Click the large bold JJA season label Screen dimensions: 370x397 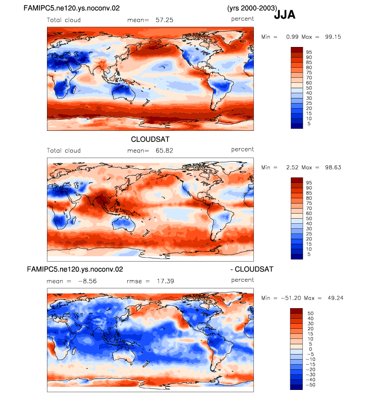pyautogui.click(x=285, y=15)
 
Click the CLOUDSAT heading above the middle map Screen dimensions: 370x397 pyautogui.click(x=150, y=139)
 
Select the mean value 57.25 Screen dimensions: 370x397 pyautogui.click(x=165, y=20)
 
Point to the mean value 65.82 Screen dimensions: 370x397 pyautogui.click(x=165, y=151)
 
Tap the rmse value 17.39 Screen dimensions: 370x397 pyautogui.click(x=165, y=281)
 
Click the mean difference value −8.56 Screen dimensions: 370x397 pyautogui.click(x=87, y=281)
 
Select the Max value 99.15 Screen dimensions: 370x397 pyautogui.click(x=333, y=37)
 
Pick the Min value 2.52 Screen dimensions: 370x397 pyautogui.click(x=293, y=167)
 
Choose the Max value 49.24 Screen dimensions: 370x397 pyautogui.click(x=335, y=298)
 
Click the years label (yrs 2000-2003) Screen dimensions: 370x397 pyautogui.click(x=252, y=9)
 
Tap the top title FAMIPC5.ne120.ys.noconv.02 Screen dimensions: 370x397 pyautogui.click(x=72, y=8)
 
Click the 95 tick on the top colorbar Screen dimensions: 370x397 pyautogui.click(x=309, y=52)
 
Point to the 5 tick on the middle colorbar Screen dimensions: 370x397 pyautogui.click(x=309, y=254)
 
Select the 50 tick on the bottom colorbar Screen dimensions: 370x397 pyautogui.click(x=310, y=313)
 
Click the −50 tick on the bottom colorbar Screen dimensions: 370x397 pyautogui.click(x=311, y=385)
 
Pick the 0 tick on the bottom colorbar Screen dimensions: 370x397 pyautogui.click(x=310, y=349)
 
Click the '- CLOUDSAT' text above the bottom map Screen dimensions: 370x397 pyautogui.click(x=252, y=269)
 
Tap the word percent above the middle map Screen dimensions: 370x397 pyautogui.click(x=242, y=150)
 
